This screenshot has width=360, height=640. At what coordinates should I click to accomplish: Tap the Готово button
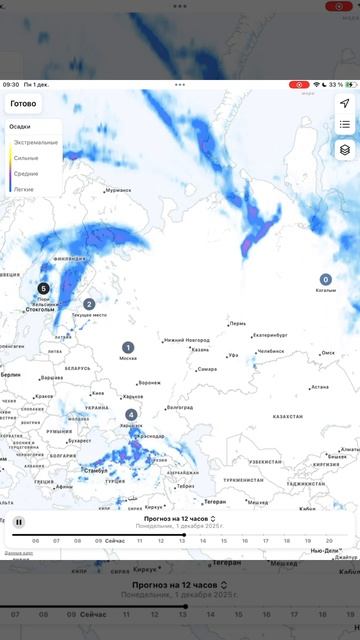(23, 104)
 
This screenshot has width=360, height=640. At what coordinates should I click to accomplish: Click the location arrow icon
(344, 104)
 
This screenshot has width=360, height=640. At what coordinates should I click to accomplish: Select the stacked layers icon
(344, 150)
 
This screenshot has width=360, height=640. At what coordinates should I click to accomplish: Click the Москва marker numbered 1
(128, 347)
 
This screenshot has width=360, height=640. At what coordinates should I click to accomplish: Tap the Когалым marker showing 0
(325, 280)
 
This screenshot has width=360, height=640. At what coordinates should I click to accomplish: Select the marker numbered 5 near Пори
(43, 289)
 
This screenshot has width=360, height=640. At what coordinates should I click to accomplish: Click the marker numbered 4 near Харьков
(132, 414)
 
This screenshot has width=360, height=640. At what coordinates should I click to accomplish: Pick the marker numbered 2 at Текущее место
(89, 304)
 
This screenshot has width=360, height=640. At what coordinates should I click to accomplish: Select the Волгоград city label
(180, 407)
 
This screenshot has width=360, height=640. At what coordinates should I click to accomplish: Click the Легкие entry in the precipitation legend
(23, 188)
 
